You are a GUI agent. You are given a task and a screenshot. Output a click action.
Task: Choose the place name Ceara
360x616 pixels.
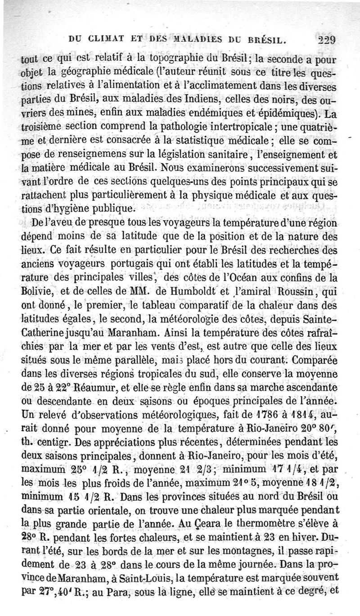[x=247, y=524]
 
